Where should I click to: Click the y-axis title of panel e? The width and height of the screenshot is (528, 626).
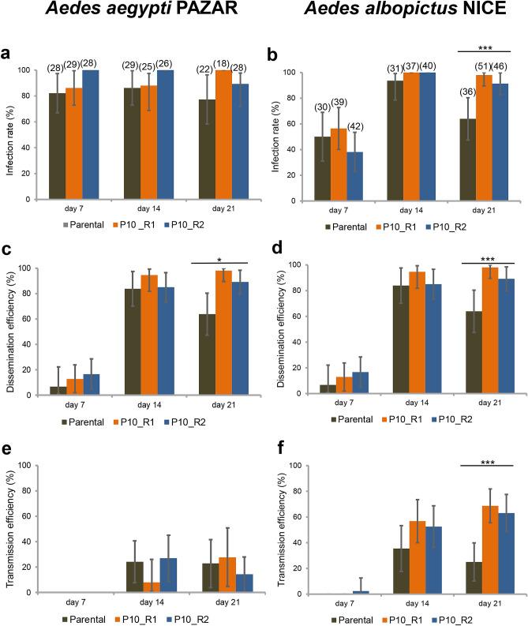tap(11, 527)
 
